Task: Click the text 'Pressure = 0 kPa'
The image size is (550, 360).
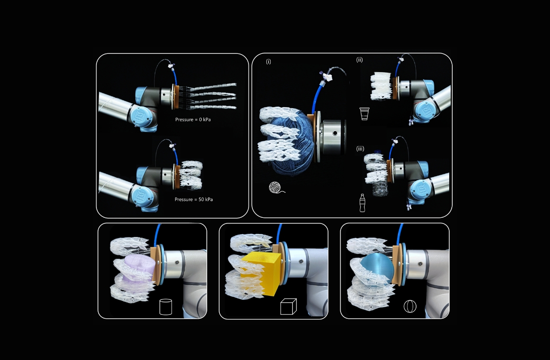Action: click(x=193, y=119)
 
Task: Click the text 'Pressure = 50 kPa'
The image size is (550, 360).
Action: click(x=194, y=199)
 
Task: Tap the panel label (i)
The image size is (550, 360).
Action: click(x=268, y=61)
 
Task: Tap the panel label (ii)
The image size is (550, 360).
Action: click(x=359, y=60)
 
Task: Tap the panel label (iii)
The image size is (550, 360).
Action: click(x=360, y=148)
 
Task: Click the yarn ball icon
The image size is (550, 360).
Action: click(x=277, y=188)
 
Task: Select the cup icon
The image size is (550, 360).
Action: click(x=364, y=114)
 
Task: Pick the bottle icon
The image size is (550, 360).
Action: click(x=363, y=203)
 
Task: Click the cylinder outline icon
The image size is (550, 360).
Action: click(x=166, y=307)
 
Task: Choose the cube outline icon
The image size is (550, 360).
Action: click(x=288, y=306)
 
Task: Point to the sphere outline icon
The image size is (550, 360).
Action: click(x=410, y=306)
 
